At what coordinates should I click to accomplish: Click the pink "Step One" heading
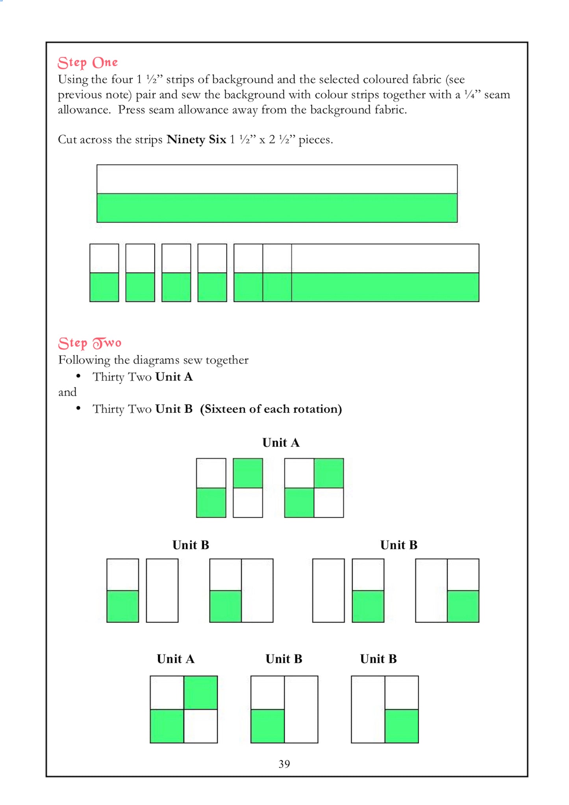87,63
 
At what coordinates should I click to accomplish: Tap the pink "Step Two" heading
89,343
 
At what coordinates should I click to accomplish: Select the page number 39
284,764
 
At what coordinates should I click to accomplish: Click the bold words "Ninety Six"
196,139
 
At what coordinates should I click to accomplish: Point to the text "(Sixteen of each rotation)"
271,409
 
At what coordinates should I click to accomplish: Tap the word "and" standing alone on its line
67,392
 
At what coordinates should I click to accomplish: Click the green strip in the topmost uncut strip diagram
277,208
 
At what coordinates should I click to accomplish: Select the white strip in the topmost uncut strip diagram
277,179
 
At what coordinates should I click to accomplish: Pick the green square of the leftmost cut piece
104,287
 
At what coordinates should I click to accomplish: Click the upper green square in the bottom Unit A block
200,693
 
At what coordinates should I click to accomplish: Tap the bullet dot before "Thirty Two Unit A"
79,376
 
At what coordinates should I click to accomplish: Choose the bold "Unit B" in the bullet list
174,409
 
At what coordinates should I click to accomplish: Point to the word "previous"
80,95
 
